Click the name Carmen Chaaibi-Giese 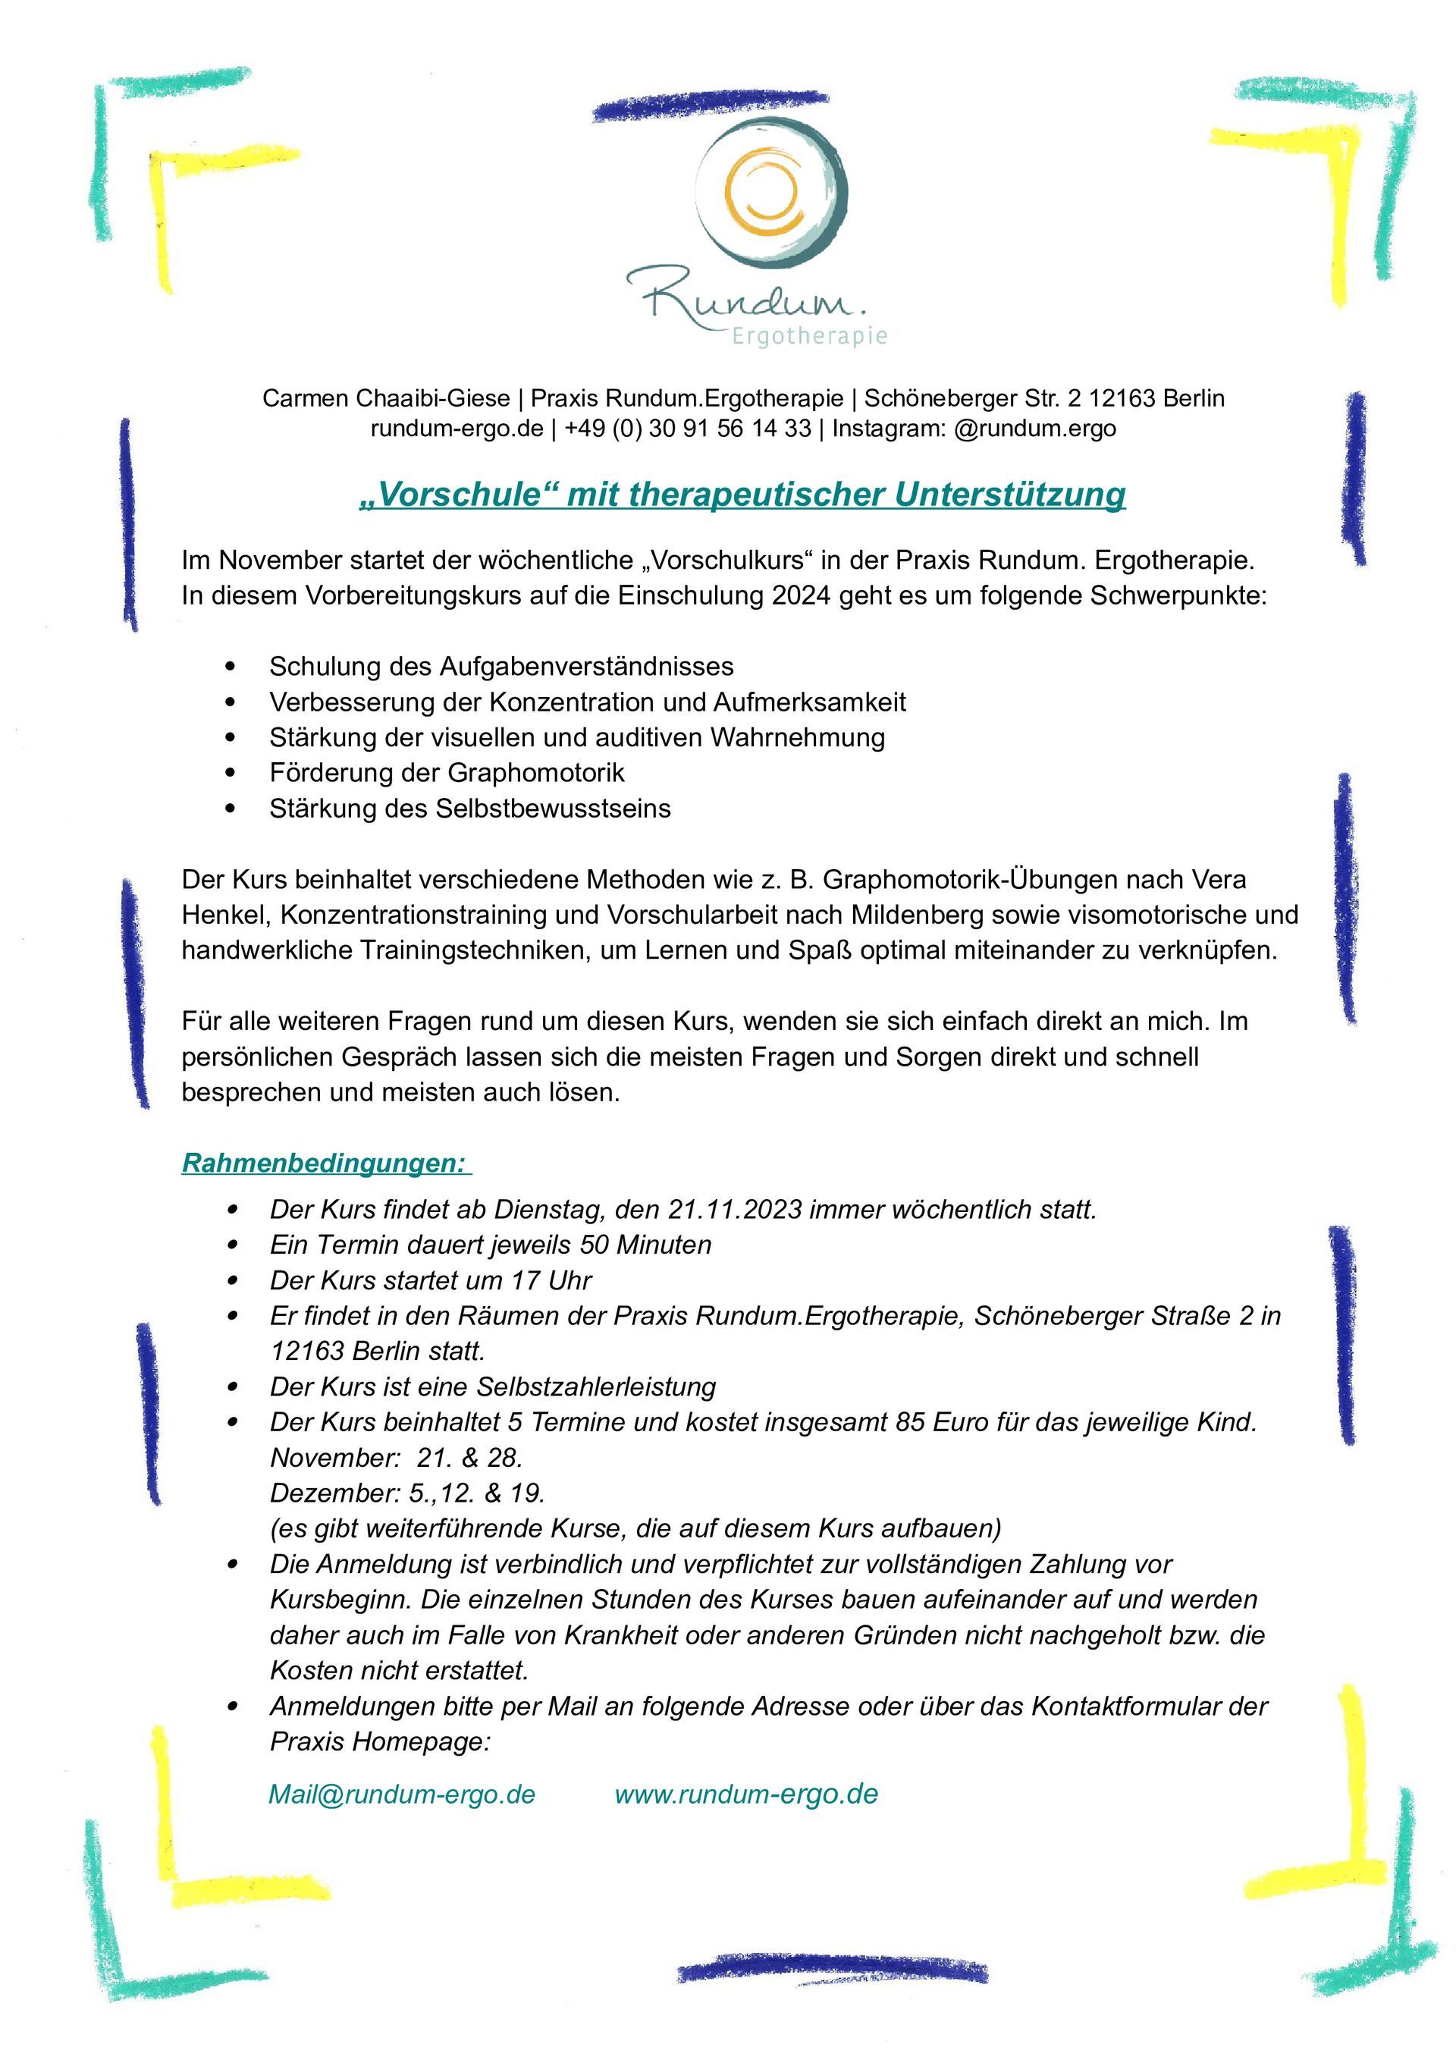[386, 398]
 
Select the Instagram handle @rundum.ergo [1035, 429]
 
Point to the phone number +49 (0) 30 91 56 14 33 [688, 429]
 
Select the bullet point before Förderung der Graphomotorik [232, 772]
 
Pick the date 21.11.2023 [735, 1211]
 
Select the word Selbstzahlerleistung [596, 1387]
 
